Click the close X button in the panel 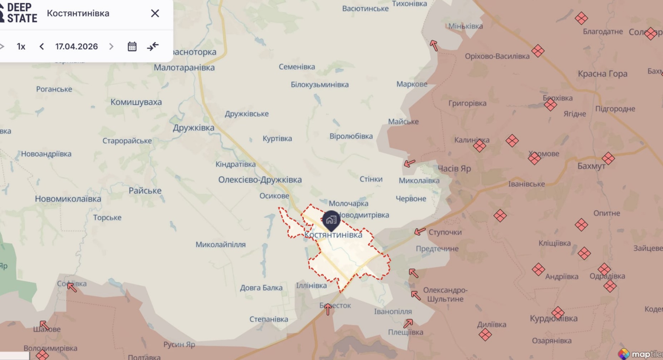[x=155, y=13]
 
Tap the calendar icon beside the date [x=132, y=46]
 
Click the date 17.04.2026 [x=77, y=46]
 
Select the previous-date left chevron [x=42, y=46]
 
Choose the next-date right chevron [x=111, y=46]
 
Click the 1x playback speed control [x=21, y=46]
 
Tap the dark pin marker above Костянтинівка [x=331, y=220]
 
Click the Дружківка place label [x=193, y=128]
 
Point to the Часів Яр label [x=454, y=168]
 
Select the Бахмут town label [x=591, y=166]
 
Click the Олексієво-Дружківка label [x=260, y=179]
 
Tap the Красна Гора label [x=603, y=74]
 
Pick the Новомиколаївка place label [x=68, y=199]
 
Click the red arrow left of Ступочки [x=419, y=232]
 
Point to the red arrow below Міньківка [x=434, y=45]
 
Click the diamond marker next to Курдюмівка [x=558, y=312]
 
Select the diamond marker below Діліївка [x=485, y=335]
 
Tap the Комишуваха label [x=136, y=102]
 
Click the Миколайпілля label [x=220, y=245]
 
